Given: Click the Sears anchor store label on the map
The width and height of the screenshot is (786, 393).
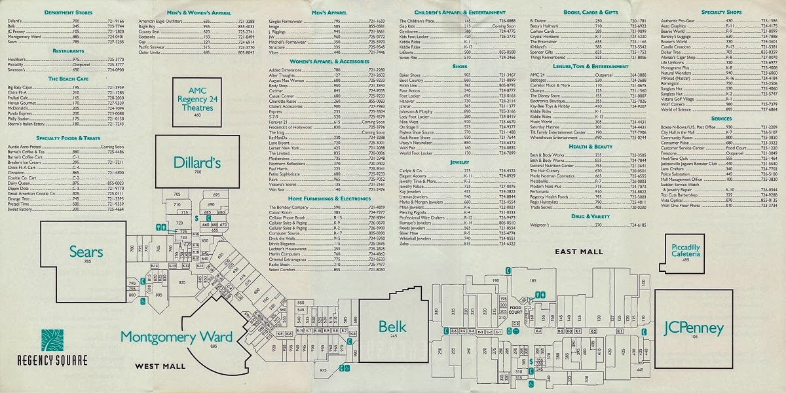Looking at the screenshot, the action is tap(86, 252).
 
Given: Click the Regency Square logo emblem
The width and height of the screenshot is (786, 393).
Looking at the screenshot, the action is tap(52, 341).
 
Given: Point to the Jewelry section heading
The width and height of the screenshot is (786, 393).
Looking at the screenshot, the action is tap(459, 162).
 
